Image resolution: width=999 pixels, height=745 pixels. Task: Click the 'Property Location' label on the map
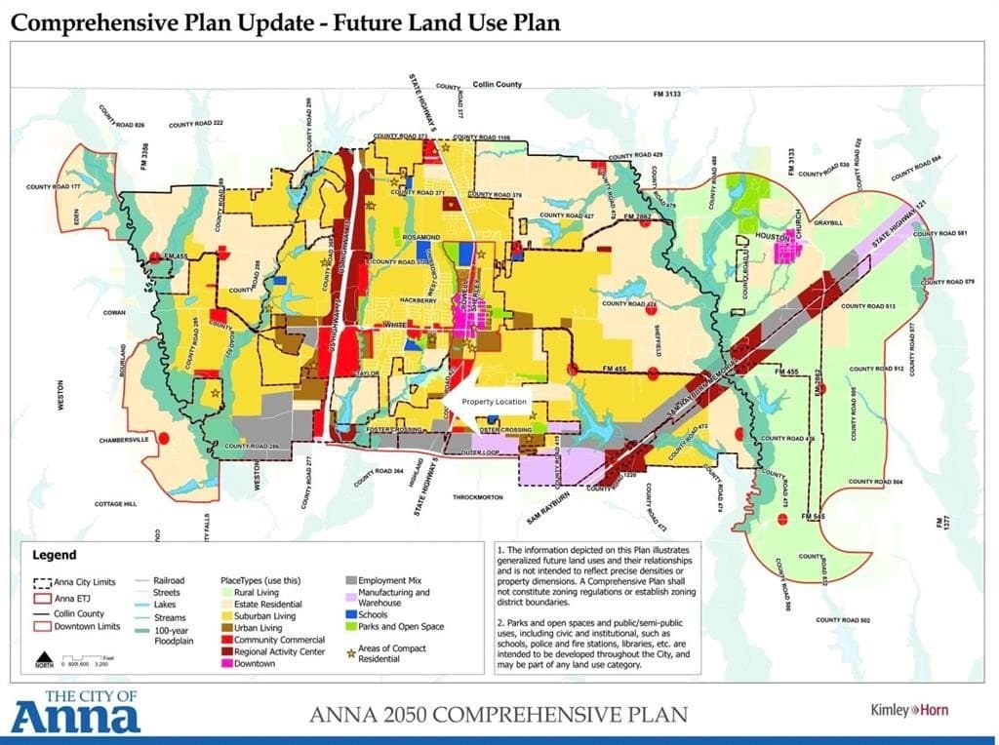pos(494,402)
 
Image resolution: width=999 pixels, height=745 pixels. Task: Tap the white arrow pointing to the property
pos(459,401)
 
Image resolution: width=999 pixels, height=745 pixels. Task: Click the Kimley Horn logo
pos(908,710)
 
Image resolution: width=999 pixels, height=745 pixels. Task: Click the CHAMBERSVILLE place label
pos(127,441)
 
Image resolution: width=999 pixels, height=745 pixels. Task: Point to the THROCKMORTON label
pos(477,497)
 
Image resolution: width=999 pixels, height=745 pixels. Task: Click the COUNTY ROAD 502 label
pos(843,619)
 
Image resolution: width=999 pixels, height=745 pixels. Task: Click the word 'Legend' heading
pos(55,555)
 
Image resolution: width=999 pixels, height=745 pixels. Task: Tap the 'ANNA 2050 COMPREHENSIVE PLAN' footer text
pos(498,714)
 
